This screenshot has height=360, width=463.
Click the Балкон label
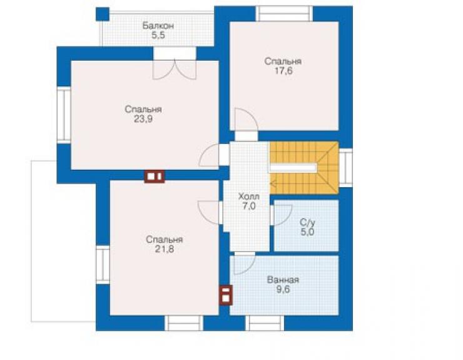click(158, 26)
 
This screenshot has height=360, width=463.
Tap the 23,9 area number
click(143, 119)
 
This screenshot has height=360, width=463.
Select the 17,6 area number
click(283, 71)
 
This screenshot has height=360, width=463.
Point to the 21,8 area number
click(165, 249)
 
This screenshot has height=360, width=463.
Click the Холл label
click(248, 196)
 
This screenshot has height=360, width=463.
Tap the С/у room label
click(307, 222)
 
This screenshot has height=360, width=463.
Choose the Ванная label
click(283, 280)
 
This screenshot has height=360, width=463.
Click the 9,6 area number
click(283, 290)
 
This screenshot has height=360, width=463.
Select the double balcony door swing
click(174, 70)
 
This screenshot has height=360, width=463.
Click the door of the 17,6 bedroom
click(247, 119)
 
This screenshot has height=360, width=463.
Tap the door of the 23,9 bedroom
click(210, 155)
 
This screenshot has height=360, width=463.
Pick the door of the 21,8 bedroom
click(209, 212)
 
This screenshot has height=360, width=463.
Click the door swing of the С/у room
click(282, 215)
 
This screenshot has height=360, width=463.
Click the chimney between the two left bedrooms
click(155, 177)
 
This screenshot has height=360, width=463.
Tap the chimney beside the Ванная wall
click(226, 295)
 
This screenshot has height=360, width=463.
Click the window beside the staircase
click(345, 168)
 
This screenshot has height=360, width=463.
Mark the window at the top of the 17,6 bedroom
click(284, 14)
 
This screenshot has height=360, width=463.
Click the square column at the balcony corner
click(103, 14)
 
